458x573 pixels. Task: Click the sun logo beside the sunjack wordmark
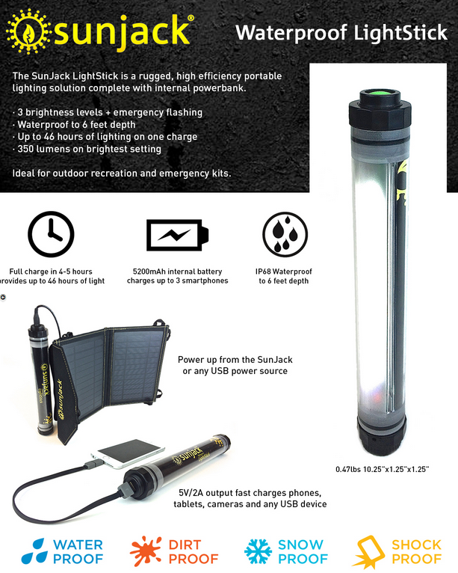point(28,32)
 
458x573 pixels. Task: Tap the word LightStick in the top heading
point(400,33)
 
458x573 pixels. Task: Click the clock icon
point(51,234)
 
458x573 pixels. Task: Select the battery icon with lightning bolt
point(177,235)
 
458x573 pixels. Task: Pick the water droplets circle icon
point(285,235)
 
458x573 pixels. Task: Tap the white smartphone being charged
point(127,453)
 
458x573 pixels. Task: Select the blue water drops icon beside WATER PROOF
point(34,551)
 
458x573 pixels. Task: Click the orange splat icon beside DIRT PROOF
point(146,551)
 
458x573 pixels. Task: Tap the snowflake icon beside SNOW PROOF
point(258,551)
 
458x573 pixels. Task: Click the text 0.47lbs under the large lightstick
point(348,470)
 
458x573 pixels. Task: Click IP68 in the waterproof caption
point(264,272)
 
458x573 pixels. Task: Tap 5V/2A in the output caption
point(191,493)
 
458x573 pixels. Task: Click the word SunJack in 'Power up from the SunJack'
point(275,360)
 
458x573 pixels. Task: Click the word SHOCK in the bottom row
point(416,545)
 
